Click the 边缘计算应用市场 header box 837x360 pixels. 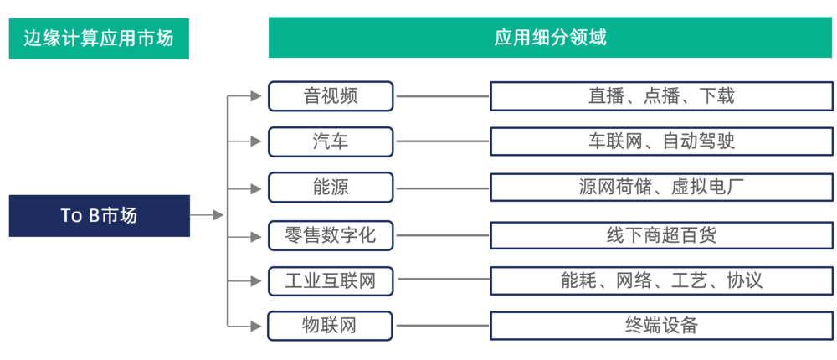click(x=99, y=39)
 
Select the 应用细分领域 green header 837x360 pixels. click(x=551, y=38)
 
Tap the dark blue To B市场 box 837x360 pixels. click(x=100, y=215)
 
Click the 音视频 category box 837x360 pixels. click(x=331, y=96)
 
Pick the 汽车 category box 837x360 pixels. click(x=331, y=141)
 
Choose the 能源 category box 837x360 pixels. click(x=331, y=187)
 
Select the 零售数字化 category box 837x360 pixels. click(x=331, y=234)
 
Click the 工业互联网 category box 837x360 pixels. click(x=331, y=280)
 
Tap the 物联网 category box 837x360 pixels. click(x=331, y=326)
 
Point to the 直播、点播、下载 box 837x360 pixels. click(x=661, y=96)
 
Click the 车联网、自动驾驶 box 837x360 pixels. click(x=661, y=141)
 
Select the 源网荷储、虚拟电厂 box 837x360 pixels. click(x=661, y=187)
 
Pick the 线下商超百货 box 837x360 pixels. click(x=661, y=234)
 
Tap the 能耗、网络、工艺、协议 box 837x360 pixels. click(x=661, y=280)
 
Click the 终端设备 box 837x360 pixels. click(x=661, y=326)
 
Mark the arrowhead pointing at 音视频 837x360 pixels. click(x=256, y=96)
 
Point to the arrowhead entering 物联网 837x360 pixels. click(x=256, y=326)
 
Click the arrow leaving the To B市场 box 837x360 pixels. click(x=207, y=215)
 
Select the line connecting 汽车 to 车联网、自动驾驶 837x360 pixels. click(x=442, y=141)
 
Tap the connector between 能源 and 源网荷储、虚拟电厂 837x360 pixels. click(x=442, y=188)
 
